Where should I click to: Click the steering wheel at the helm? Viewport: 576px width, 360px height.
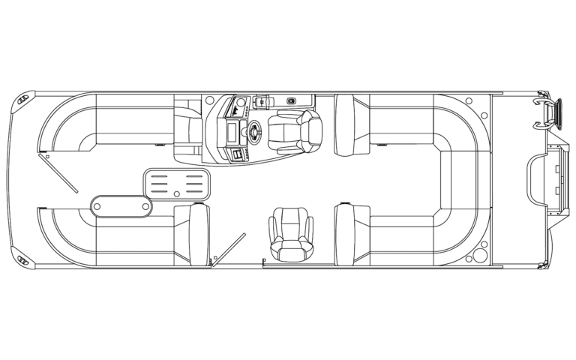click(253, 130)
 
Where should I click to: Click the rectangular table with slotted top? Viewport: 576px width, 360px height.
click(176, 184)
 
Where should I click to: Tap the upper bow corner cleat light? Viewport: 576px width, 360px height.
click(27, 97)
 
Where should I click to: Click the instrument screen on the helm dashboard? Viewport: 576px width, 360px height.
click(232, 133)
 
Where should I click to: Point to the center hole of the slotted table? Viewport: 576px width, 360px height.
click(176, 194)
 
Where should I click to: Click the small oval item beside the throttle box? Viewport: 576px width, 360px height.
click(290, 100)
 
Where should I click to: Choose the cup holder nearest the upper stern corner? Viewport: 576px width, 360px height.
click(468, 99)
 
